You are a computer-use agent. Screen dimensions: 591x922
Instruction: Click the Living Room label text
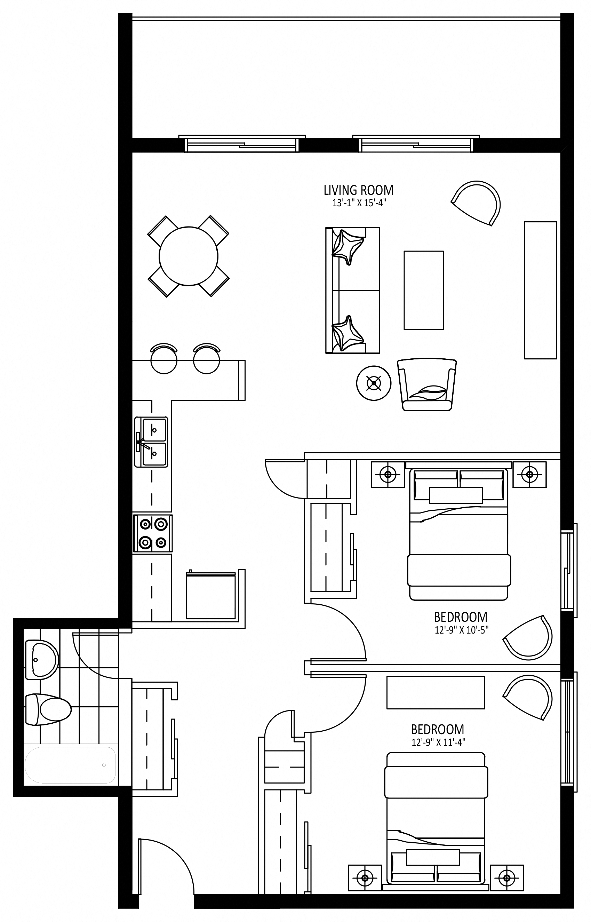pos(358,190)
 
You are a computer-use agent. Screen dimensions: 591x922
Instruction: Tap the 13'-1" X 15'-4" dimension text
pos(358,203)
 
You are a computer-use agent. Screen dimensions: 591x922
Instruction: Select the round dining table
pos(189,256)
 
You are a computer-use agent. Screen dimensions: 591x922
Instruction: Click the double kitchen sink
pos(151,442)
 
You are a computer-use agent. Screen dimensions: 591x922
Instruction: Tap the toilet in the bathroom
pos(48,709)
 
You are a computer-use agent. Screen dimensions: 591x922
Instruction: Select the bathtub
pos(70,765)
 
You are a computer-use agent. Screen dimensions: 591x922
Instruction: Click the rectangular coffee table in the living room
pos(424,290)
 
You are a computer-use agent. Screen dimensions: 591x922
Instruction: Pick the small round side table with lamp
pos(374,383)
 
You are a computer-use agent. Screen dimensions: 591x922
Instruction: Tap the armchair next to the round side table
pos(427,384)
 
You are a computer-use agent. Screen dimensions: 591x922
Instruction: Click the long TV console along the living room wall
pos(540,290)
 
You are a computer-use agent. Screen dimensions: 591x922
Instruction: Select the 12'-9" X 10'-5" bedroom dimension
pos(461,630)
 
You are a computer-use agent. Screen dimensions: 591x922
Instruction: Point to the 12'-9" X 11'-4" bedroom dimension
pos(438,742)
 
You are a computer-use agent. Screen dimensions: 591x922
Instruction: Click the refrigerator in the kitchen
pos(211,596)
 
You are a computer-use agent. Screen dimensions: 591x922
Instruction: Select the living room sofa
pos(353,290)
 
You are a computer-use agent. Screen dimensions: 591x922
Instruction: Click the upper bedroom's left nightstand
pos(388,475)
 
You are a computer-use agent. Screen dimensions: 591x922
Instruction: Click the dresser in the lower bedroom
pos(436,692)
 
